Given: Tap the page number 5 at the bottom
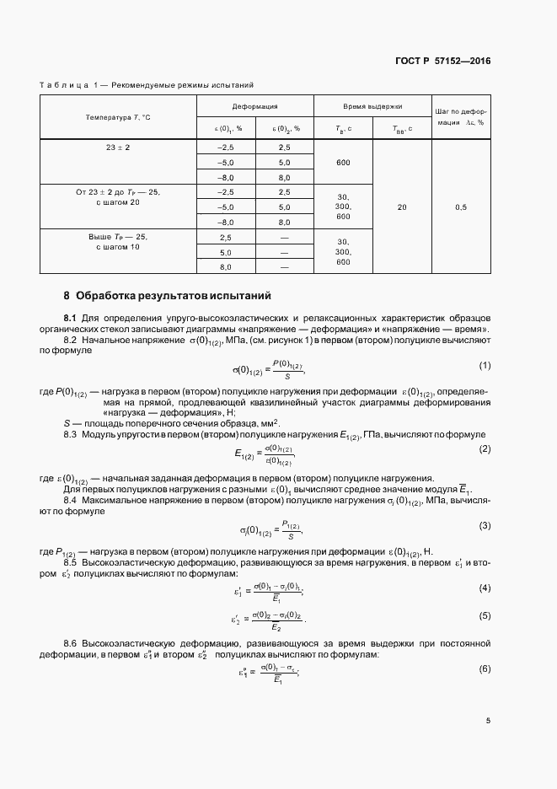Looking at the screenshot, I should [x=488, y=721].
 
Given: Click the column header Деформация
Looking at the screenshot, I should [x=255, y=107].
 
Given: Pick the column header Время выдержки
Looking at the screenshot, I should [x=372, y=107].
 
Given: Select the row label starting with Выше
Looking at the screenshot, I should [x=118, y=242].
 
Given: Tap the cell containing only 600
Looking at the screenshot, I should [x=343, y=163].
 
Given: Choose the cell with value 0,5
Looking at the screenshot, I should [x=462, y=207].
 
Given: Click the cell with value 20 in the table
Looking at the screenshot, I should [x=401, y=207].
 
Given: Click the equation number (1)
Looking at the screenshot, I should [x=485, y=365].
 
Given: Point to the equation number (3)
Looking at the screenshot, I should [x=485, y=526].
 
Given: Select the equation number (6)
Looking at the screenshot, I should [x=485, y=668].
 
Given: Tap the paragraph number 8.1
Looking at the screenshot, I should [x=71, y=317].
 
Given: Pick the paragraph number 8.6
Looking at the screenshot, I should [x=71, y=643].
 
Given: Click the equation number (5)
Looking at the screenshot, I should [x=485, y=615].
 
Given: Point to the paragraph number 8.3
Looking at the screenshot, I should [x=71, y=433].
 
